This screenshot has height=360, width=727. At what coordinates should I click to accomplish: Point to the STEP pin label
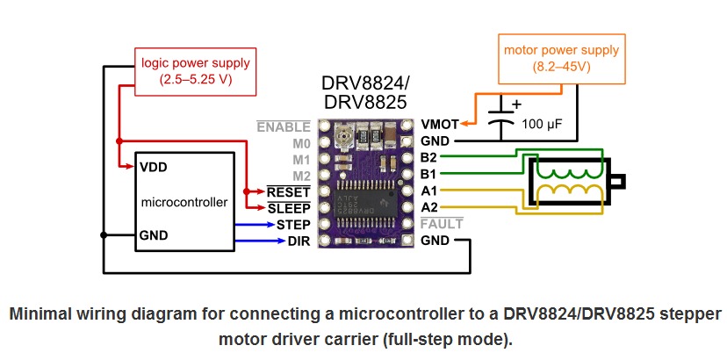[x=286, y=224]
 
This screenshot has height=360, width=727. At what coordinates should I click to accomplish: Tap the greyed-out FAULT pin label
[x=441, y=224]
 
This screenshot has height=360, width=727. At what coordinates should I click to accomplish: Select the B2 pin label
[x=429, y=158]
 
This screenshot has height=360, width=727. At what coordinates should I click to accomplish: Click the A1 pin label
[x=429, y=191]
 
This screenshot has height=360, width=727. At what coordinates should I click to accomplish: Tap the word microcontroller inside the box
[x=184, y=202]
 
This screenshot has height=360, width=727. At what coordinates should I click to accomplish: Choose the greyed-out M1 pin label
[x=301, y=159]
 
